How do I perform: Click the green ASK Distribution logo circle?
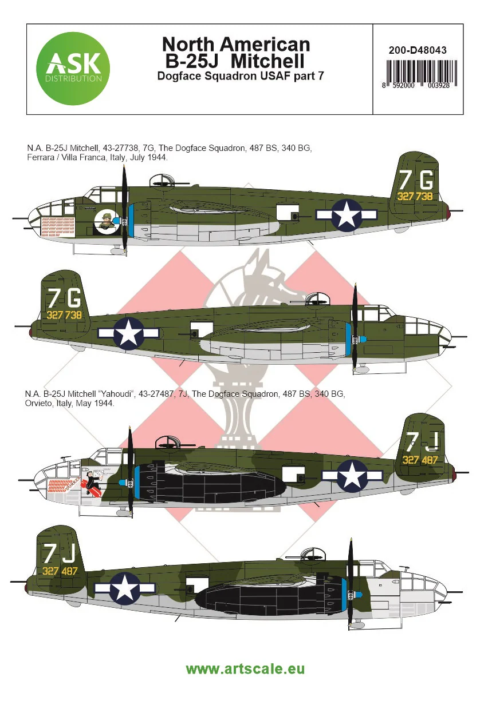(x=73, y=68)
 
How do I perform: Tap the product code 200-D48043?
(x=418, y=50)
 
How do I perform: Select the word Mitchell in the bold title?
(x=267, y=61)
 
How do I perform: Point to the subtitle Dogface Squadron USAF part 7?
(x=241, y=76)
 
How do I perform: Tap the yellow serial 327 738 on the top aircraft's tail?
(x=415, y=196)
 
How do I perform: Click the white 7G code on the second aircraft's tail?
(x=65, y=298)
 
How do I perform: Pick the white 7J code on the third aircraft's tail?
(x=422, y=441)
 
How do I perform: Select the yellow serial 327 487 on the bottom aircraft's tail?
(x=60, y=571)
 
